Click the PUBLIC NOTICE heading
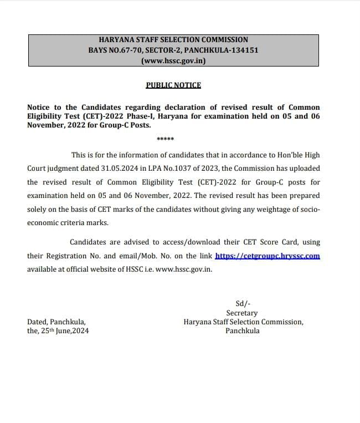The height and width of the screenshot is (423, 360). [x=173, y=85]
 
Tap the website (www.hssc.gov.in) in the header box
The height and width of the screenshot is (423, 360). [x=173, y=60]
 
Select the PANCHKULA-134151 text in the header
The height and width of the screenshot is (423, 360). [x=222, y=50]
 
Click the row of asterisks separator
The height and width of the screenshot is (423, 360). [x=165, y=139]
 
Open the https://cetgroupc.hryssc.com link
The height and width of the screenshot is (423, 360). [x=267, y=256]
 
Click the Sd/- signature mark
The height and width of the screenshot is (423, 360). [x=243, y=303]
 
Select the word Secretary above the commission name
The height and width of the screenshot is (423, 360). [x=242, y=313]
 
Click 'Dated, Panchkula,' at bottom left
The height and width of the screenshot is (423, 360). [x=56, y=322]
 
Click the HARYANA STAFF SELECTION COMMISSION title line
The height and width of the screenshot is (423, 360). [x=173, y=40]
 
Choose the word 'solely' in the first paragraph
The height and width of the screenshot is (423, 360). [x=38, y=209]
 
